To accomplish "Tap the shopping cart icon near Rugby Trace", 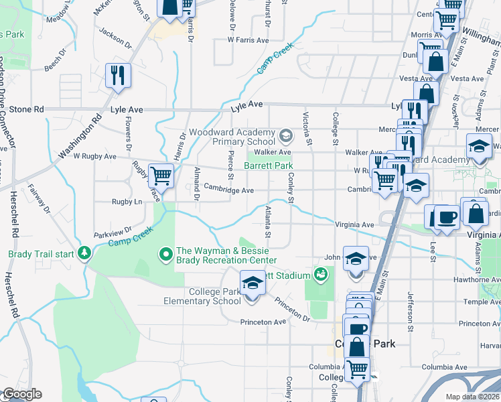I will click(161, 176).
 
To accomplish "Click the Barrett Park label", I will click(268, 165).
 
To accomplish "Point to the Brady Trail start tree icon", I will click(84, 253).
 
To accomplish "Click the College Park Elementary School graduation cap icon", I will click(253, 283).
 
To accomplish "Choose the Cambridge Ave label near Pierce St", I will click(229, 190).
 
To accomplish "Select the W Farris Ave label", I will click(248, 40).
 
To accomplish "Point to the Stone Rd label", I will click(26, 109).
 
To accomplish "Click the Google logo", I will click(21, 394).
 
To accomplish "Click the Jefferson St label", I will click(409, 306).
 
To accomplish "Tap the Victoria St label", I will click(308, 131).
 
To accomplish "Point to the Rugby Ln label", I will click(129, 201).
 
